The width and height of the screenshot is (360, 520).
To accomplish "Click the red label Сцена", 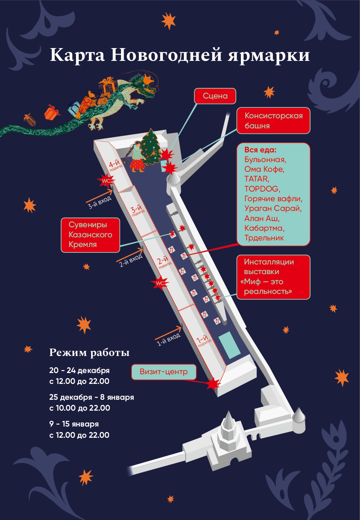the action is pyautogui.click(x=215, y=96).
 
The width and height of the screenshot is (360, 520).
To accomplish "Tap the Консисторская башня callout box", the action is pyautogui.click(x=273, y=121).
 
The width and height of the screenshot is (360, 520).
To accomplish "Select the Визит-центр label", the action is pyautogui.click(x=164, y=371).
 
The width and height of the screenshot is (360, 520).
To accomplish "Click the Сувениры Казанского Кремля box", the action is pyautogui.click(x=90, y=235).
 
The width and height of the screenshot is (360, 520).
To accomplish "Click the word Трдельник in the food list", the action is pyautogui.click(x=264, y=238).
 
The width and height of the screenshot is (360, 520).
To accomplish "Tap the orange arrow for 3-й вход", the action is pyautogui.click(x=99, y=196).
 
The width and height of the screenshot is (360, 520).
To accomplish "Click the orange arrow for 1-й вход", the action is pyautogui.click(x=168, y=333).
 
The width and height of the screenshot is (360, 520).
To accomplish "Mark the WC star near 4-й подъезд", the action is pyautogui.click(x=106, y=180).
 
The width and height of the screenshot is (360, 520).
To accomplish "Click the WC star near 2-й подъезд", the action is pyautogui.click(x=160, y=283).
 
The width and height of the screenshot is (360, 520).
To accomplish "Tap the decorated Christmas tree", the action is pyautogui.click(x=151, y=147).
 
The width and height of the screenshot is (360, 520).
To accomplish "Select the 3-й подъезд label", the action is pyautogui.click(x=138, y=210).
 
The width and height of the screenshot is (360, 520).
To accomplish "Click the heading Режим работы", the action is pyautogui.click(x=89, y=352).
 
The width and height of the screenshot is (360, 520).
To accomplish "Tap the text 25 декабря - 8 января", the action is pyautogui.click(x=92, y=397).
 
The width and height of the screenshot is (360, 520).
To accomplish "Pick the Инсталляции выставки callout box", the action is pyautogui.click(x=273, y=277).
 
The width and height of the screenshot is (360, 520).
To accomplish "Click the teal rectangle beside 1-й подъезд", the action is pyautogui.click(x=229, y=345).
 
